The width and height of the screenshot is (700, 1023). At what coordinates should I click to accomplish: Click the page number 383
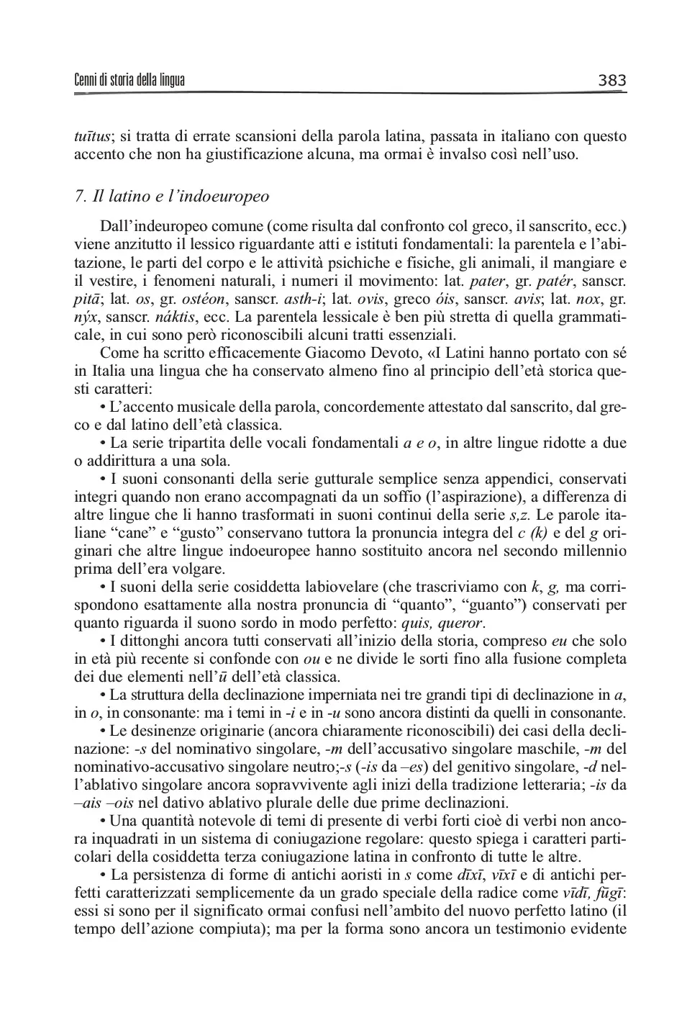612,80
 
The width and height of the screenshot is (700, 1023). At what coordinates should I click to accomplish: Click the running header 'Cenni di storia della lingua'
129,80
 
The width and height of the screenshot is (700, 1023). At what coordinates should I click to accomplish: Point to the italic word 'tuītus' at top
92,136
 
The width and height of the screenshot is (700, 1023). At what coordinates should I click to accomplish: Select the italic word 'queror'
462,623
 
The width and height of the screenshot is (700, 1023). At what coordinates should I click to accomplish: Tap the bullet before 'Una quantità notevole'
103,821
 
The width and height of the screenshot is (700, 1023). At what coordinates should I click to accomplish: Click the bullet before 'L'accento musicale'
103,407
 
